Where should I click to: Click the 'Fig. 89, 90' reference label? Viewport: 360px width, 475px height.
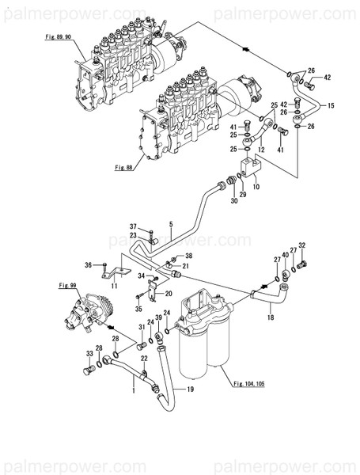coord(57,37)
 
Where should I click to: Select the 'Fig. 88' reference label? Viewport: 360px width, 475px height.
coord(125,165)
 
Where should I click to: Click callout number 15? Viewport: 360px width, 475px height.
coord(330,105)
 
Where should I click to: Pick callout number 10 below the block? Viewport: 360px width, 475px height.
coord(254,188)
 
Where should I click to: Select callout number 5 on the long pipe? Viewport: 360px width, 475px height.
coord(169,224)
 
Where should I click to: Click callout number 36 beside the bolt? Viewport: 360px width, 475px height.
coord(89,264)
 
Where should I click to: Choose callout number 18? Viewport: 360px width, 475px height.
coord(270,317)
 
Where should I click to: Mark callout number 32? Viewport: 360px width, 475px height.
coord(301,246)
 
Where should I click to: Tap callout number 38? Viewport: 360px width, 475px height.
coord(188,256)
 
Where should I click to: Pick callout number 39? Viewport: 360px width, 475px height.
coord(159,318)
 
